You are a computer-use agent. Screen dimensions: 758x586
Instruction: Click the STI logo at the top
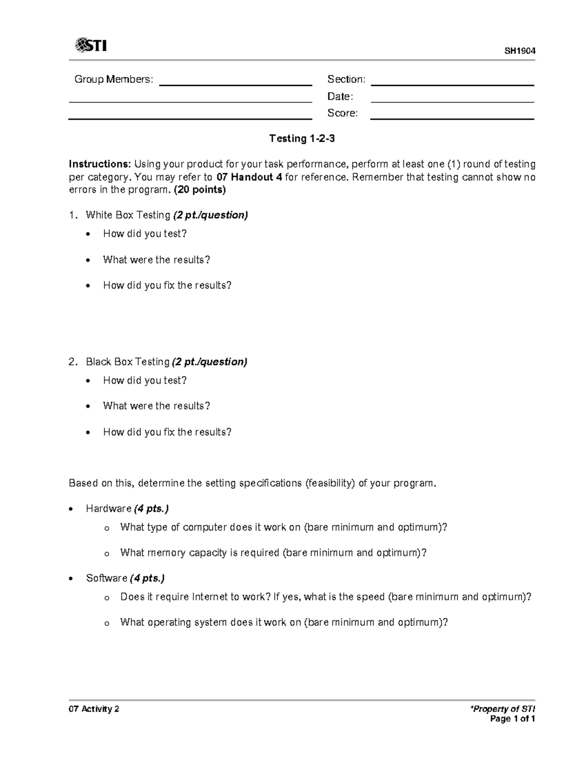click(x=91, y=45)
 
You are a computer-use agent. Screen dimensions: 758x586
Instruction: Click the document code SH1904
click(x=520, y=51)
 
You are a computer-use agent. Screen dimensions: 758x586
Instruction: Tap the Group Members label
click(x=113, y=79)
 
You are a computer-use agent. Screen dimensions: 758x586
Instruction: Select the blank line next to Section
click(x=452, y=84)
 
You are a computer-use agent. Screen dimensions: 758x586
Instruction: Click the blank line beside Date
click(x=452, y=102)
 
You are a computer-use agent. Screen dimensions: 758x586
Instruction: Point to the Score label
click(x=342, y=113)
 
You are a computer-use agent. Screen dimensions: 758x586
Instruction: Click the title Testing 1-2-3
click(x=302, y=139)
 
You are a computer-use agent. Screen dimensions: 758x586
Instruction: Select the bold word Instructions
click(x=100, y=164)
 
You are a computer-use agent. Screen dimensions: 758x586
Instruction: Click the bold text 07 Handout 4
click(x=249, y=177)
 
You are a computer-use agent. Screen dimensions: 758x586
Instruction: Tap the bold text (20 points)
click(x=200, y=190)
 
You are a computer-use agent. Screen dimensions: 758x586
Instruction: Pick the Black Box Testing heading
click(x=128, y=362)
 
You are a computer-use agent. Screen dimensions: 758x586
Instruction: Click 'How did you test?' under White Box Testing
click(x=145, y=234)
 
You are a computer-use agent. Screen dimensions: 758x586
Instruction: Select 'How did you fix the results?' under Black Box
click(x=167, y=432)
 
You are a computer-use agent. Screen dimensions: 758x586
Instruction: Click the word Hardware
click(x=108, y=509)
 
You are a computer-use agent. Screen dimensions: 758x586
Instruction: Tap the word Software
click(x=106, y=578)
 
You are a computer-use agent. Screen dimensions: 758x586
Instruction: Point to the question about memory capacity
click(x=273, y=553)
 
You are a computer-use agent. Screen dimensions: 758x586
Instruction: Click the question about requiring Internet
click(x=326, y=597)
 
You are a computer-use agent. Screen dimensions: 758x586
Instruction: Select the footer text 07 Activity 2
click(x=94, y=709)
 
